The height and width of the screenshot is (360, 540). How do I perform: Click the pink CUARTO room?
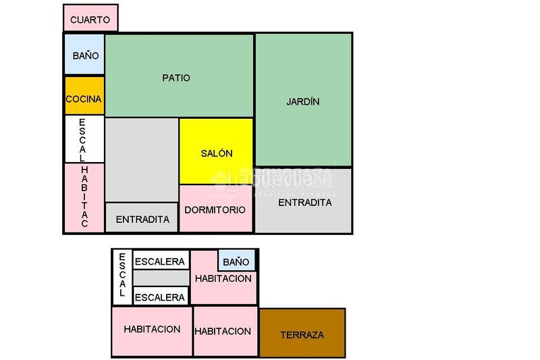click(90, 18)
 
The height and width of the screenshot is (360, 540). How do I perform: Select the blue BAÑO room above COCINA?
click(85, 55)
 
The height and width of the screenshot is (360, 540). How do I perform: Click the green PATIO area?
click(178, 76)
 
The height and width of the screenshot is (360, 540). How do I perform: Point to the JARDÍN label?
click(302, 102)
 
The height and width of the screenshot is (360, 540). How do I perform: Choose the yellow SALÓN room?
click(216, 152)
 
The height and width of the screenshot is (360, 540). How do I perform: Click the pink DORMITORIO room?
click(215, 209)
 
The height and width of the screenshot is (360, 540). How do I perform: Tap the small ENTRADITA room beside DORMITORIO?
click(142, 218)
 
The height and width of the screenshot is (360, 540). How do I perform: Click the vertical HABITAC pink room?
click(84, 197)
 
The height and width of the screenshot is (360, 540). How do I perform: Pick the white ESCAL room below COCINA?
click(84, 139)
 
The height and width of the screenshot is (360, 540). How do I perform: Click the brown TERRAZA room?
click(302, 333)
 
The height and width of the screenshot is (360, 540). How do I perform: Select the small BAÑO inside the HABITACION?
click(236, 261)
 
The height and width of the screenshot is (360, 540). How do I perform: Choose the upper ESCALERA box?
click(160, 261)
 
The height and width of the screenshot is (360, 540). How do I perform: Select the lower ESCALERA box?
click(160, 297)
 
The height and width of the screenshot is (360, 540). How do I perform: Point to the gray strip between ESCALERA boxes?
click(161, 278)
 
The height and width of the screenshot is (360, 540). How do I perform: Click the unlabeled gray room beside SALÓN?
click(142, 159)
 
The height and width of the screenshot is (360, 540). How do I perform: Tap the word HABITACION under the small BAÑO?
click(223, 278)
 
